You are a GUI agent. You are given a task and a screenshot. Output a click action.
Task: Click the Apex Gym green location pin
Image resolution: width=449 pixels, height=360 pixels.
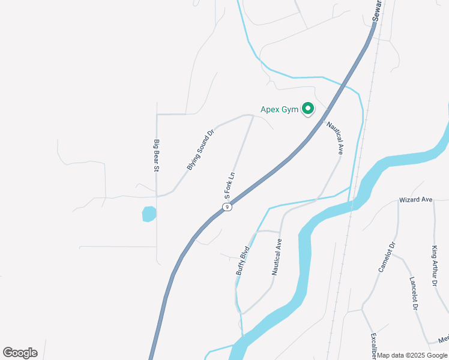click(308, 109)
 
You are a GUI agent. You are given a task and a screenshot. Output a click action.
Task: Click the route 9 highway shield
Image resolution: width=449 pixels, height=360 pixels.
click(226, 207)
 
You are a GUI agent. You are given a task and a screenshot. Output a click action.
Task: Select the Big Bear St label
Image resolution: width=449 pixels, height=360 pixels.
click(156, 156)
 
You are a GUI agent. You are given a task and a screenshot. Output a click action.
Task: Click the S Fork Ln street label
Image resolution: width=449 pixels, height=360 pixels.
click(229, 186)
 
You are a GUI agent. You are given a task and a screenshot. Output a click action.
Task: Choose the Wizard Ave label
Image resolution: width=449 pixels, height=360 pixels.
click(416, 199)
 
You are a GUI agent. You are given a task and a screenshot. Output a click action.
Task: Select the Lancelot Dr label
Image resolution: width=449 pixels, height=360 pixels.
click(414, 293)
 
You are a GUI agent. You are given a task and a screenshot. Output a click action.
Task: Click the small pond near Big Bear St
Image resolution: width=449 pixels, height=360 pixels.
click(149, 214)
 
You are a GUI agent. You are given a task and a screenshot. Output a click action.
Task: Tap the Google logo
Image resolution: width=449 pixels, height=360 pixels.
click(20, 353)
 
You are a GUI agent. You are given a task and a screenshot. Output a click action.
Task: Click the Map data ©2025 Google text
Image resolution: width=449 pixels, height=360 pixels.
click(412, 355)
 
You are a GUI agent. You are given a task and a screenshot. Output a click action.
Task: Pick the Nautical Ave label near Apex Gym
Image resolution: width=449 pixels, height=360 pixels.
click(334, 139)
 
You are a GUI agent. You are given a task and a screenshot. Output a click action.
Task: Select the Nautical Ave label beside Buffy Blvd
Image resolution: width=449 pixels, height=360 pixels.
click(276, 257)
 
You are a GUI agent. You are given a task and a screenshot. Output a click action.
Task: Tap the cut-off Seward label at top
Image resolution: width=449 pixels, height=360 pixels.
click(376, 10)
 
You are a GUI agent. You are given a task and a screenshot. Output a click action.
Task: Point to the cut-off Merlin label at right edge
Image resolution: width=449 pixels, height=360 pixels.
click(443, 340)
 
